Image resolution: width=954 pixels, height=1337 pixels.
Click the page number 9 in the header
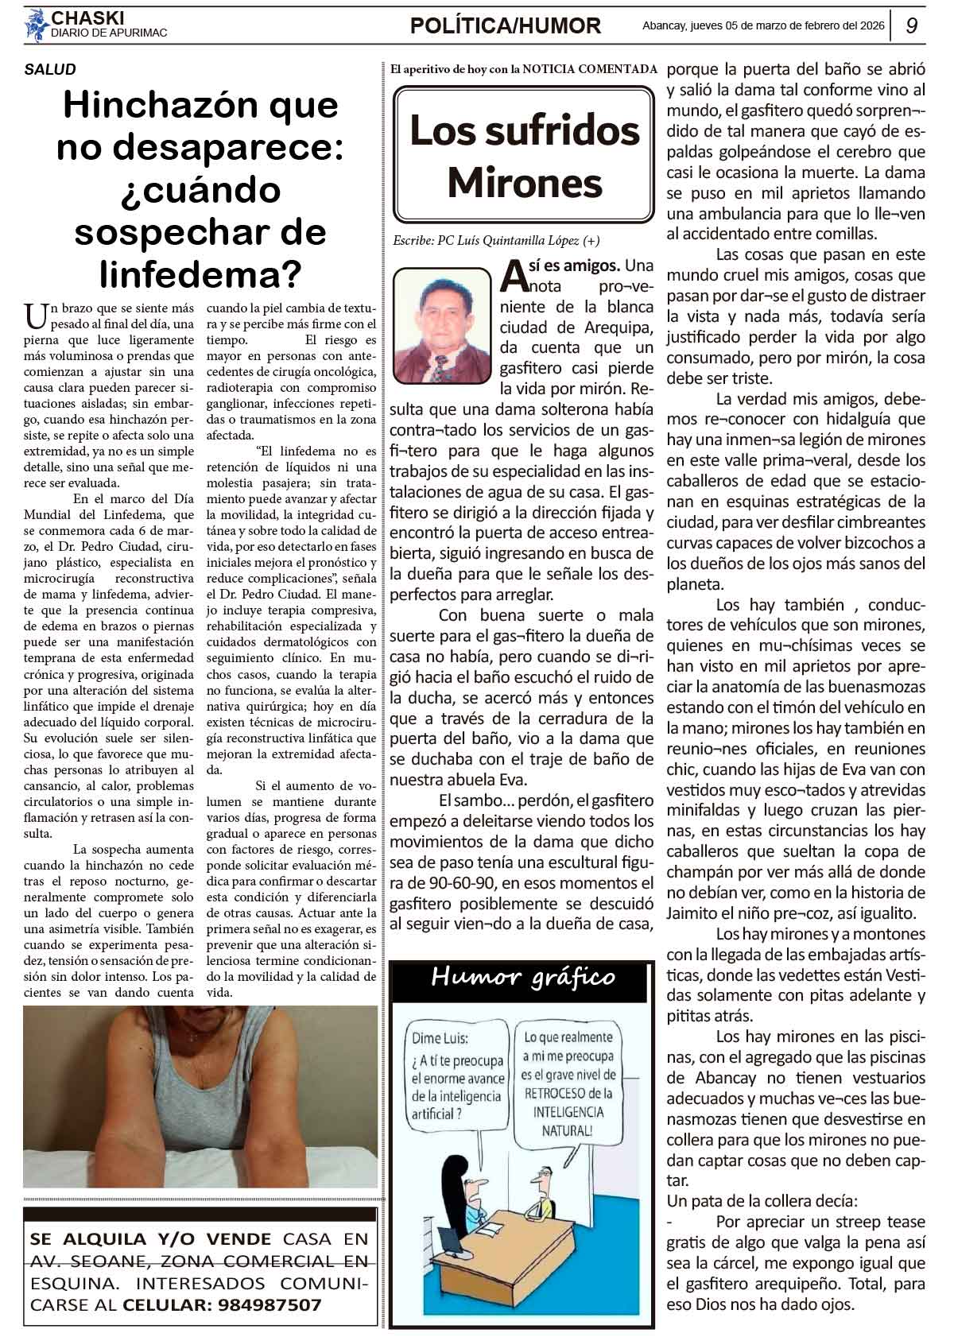pos(913,26)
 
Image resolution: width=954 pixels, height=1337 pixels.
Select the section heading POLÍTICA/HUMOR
pos(505,26)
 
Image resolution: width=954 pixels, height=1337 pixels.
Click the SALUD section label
pos(50,69)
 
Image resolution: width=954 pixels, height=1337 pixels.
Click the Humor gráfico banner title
pos(522,977)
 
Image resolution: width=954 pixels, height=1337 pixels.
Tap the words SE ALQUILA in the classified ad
pos(88,1238)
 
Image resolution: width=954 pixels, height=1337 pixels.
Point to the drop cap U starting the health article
pos(37,316)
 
